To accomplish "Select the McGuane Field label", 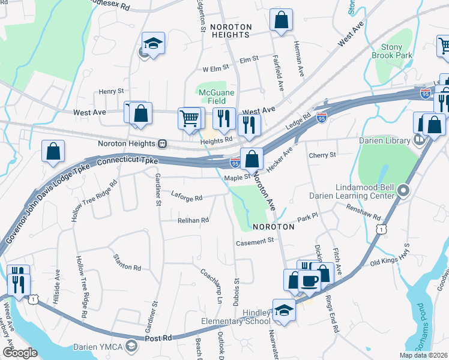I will (212, 96).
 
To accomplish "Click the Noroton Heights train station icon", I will (162, 144).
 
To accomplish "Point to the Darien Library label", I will (383, 141).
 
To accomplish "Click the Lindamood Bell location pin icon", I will (402, 192).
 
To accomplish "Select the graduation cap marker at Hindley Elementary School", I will (284, 310).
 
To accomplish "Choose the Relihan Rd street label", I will (193, 220).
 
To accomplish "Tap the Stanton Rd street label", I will (128, 262).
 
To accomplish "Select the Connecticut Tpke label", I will (127, 161).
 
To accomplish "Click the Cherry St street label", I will (322, 155).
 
